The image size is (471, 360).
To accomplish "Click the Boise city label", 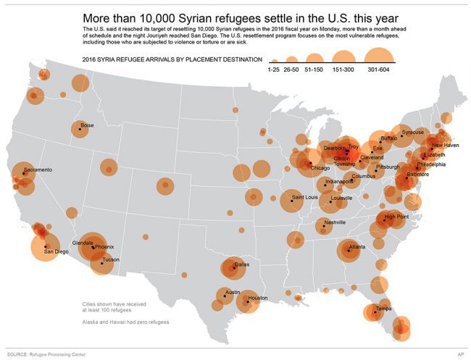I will [x=87, y=125].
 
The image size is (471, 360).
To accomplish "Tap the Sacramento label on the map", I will [x=38, y=169].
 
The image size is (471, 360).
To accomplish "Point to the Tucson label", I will [x=111, y=259].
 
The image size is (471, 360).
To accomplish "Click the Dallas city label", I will [x=242, y=264].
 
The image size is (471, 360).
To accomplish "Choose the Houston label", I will [x=257, y=298].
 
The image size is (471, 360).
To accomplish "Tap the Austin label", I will [x=232, y=293].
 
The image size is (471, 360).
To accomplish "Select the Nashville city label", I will [x=335, y=222].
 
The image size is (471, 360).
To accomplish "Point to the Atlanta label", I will [x=357, y=248].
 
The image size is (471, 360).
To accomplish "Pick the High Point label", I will [x=396, y=217].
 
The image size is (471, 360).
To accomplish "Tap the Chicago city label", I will [x=320, y=168].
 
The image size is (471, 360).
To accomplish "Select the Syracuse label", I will [x=413, y=133].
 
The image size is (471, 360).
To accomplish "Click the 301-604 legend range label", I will [x=378, y=70].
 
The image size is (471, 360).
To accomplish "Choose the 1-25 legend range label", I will [x=273, y=70].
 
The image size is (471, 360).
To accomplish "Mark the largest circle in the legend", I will [x=378, y=52].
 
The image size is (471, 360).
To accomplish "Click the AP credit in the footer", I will [x=460, y=354].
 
